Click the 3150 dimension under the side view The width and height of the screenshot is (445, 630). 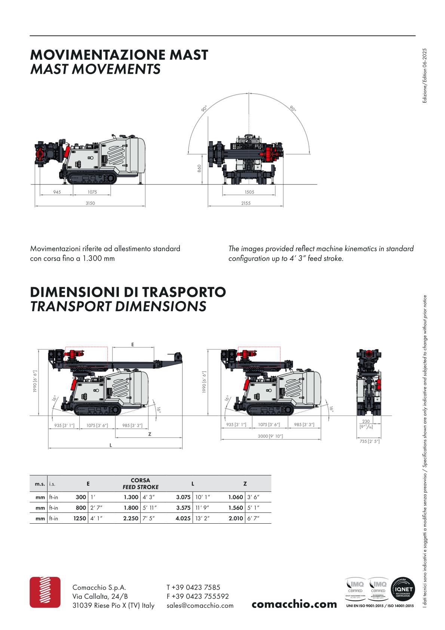90,203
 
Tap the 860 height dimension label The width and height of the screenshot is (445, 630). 199,168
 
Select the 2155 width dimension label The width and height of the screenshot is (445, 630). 246,203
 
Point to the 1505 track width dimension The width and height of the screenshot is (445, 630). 249,192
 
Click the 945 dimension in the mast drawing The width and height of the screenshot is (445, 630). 57,192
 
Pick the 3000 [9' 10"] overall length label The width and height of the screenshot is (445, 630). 270,436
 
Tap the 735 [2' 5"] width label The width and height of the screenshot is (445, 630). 370,441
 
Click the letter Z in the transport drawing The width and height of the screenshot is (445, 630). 150,434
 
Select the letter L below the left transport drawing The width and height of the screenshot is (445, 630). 111,445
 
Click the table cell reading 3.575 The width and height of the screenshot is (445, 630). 183,508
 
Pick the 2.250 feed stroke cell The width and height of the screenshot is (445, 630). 131,518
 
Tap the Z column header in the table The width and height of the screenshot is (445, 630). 245,484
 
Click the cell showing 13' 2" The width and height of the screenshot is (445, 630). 203,518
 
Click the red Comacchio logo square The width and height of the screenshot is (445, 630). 45,592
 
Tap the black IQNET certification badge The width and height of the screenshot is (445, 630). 403,590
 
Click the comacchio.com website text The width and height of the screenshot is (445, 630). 294,604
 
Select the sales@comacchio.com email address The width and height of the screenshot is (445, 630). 200,606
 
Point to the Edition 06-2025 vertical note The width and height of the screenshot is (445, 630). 424,76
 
